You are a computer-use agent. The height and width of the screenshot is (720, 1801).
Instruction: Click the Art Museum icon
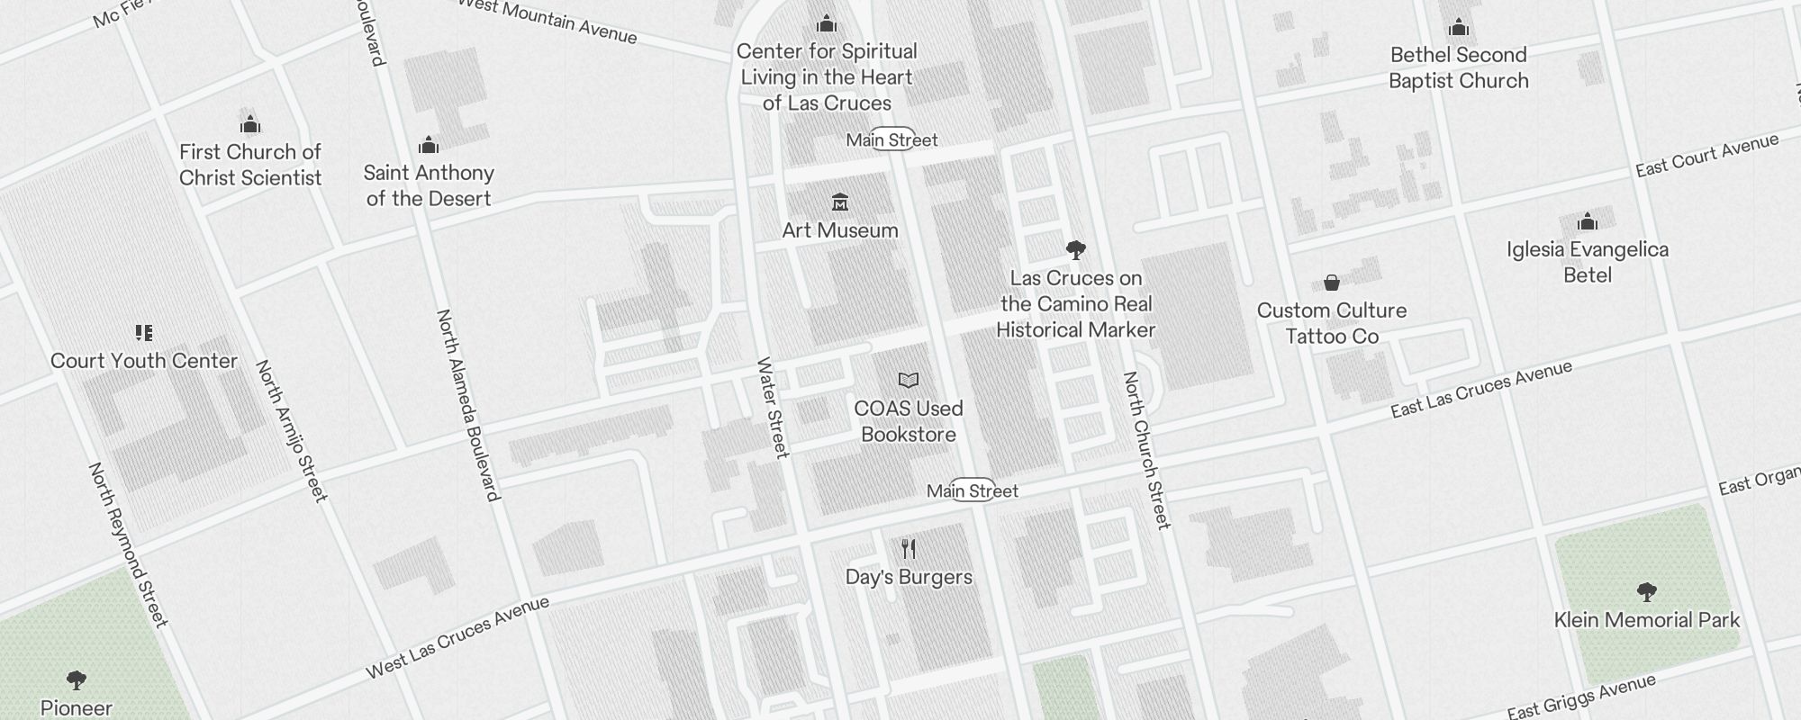coord(840,201)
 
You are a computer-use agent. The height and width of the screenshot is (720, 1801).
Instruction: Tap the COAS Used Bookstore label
coord(908,421)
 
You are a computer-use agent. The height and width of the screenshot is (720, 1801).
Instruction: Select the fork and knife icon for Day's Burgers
coord(909,548)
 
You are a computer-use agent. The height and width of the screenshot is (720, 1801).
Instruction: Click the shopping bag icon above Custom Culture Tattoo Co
coord(1332,283)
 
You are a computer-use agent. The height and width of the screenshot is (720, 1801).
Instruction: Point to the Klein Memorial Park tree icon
coord(1646,591)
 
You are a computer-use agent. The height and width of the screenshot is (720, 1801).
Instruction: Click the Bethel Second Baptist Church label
coord(1458,67)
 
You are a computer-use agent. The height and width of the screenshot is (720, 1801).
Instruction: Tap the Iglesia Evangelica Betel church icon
coord(1588,221)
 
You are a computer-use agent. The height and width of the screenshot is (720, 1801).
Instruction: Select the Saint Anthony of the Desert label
coord(429,185)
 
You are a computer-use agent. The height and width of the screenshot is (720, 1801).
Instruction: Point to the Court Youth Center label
coord(144,361)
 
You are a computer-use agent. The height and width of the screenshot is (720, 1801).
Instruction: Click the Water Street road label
coord(773,407)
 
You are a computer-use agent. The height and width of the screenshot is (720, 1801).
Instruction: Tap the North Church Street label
coord(1145,450)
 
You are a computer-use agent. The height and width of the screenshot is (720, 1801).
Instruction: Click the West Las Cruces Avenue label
coord(457,637)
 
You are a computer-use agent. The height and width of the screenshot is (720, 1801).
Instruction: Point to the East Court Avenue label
coord(1706,156)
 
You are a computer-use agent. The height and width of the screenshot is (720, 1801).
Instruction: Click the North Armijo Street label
coord(291,430)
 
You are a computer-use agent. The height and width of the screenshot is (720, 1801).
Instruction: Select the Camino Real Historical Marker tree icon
coord(1075,249)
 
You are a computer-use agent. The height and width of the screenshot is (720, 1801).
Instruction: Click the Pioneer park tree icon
coord(77,679)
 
